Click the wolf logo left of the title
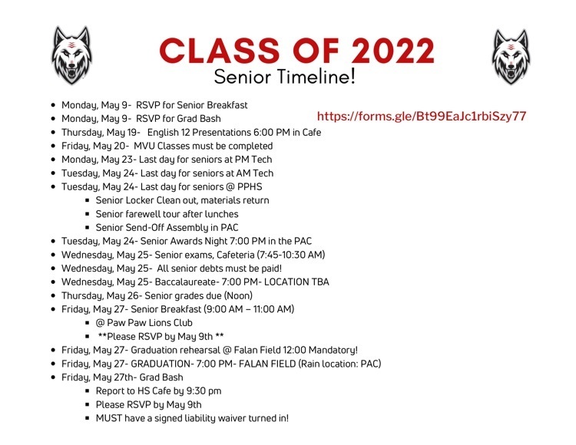tap(71, 55)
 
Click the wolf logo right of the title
tap(511, 57)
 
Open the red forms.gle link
tap(422, 117)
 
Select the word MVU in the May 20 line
tap(144, 146)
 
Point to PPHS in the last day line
tap(250, 186)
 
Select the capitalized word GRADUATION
tap(161, 364)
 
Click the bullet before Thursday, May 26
tap(54, 295)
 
